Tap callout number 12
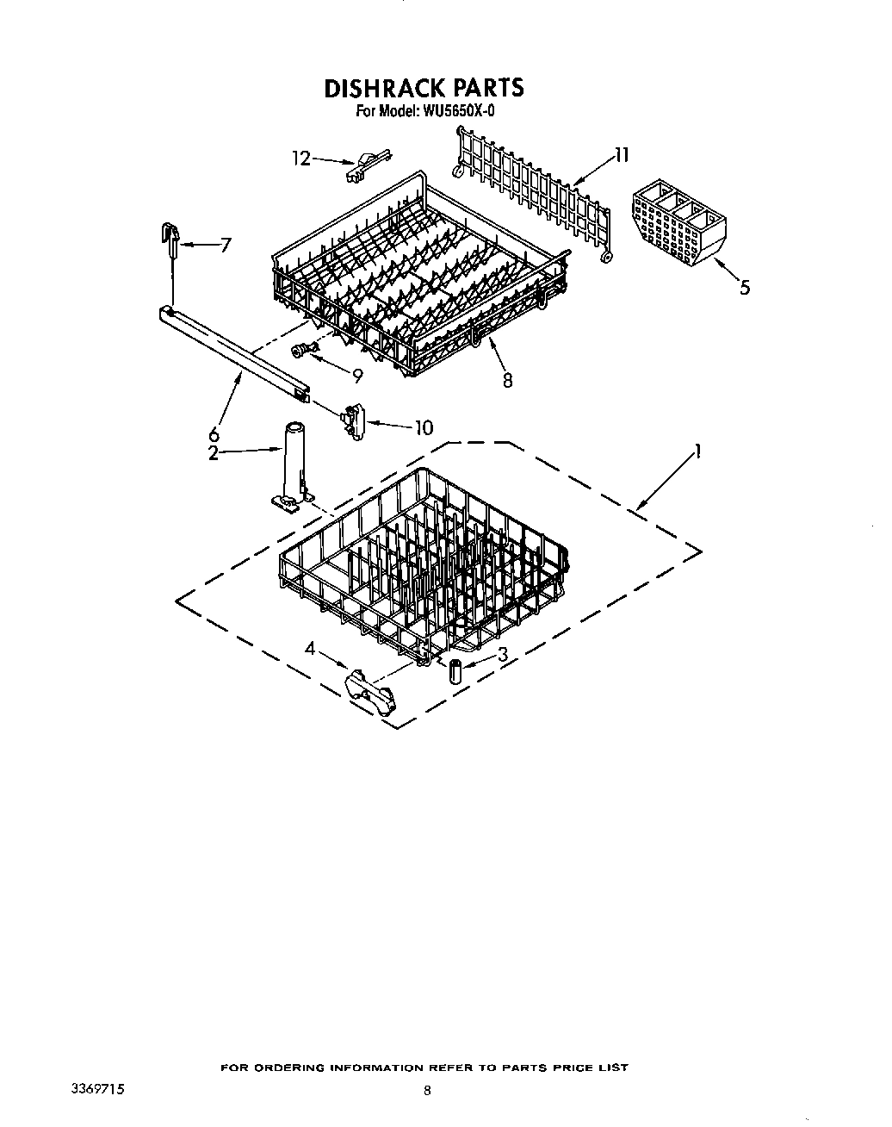(300, 158)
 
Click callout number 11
(622, 155)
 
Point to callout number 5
(745, 287)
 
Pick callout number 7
(226, 245)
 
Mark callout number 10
(424, 427)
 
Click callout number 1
(698, 450)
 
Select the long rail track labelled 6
(232, 350)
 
